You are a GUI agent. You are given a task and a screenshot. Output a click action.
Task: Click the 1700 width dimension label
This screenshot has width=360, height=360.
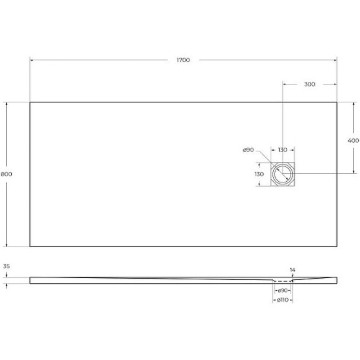183,60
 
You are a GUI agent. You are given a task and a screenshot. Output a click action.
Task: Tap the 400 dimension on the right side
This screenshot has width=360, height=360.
353,141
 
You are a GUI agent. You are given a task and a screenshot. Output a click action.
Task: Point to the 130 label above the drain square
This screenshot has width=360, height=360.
282,150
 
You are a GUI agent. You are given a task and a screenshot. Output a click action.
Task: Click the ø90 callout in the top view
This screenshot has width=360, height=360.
248,150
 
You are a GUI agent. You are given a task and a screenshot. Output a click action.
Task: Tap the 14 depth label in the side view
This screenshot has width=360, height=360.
292,269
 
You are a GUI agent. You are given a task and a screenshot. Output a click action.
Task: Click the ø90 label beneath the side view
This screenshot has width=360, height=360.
282,290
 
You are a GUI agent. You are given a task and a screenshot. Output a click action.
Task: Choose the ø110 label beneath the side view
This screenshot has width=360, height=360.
282,301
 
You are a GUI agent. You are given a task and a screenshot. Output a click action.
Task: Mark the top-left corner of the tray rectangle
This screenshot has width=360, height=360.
30,102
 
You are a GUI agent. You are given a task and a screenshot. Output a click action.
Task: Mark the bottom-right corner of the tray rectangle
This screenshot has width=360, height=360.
337,246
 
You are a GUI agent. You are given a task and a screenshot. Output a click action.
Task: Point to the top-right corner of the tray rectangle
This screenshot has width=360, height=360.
337,102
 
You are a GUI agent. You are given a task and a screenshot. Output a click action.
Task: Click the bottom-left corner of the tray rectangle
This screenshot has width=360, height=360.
30,246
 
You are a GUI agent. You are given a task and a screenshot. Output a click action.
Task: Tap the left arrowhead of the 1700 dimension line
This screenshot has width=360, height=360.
32,60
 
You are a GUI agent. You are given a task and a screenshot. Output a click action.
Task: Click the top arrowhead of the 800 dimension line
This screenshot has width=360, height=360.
7,104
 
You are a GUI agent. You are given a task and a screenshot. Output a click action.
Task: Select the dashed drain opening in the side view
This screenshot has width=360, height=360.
283,280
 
